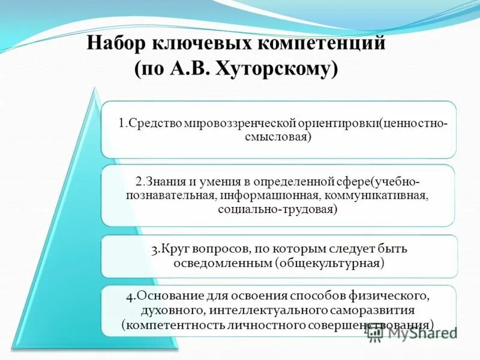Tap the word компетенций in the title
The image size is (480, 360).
[x=329, y=44]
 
